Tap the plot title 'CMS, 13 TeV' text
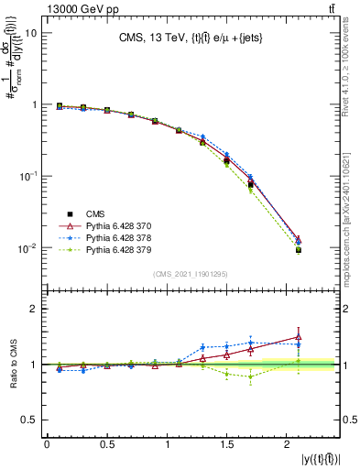coord(155,38)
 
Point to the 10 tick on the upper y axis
coord(30,33)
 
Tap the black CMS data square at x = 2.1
coord(298,250)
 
